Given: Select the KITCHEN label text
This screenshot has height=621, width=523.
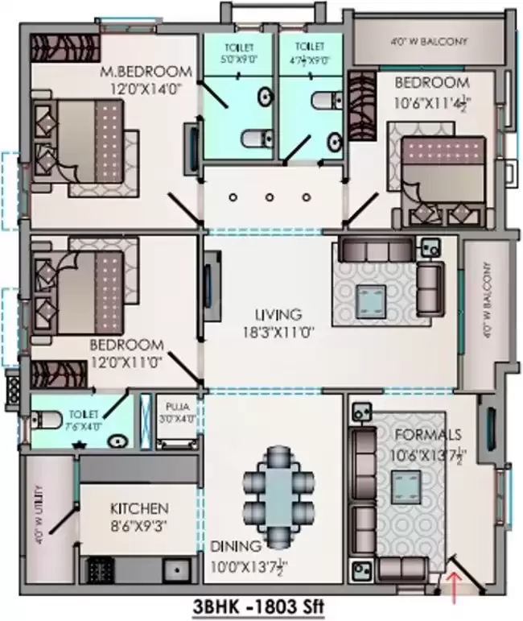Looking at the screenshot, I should click(139, 508).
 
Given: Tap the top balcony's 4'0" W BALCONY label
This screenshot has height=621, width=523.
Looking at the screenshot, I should click(430, 41).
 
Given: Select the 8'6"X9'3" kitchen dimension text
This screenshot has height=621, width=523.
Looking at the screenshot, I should click(139, 524).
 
